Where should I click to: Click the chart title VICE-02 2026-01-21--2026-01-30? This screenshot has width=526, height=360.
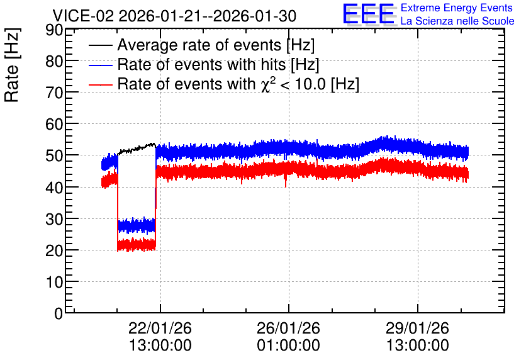(x=174, y=16)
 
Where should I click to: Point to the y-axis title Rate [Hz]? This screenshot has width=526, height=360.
(x=12, y=65)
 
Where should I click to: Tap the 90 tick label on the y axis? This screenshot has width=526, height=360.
(x=54, y=30)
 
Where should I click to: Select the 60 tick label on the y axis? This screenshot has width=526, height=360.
(x=54, y=125)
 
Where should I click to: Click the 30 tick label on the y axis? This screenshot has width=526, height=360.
(x=54, y=219)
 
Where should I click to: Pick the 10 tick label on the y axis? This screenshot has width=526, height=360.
(x=54, y=282)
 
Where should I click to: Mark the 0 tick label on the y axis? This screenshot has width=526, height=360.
(x=59, y=313)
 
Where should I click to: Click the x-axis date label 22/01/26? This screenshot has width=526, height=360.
(x=160, y=328)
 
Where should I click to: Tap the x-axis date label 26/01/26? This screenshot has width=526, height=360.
(x=289, y=328)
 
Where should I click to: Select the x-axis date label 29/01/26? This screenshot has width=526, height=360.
(x=417, y=328)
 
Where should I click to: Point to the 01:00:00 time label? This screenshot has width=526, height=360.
(x=289, y=345)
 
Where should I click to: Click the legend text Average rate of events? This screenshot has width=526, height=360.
(x=199, y=45)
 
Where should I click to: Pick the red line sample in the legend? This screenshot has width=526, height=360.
(x=101, y=84)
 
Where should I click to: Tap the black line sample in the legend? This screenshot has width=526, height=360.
(x=101, y=45)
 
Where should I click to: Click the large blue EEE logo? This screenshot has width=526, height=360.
(x=369, y=14)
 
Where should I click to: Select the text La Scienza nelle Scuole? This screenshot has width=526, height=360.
(x=457, y=21)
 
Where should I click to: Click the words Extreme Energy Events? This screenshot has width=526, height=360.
(x=457, y=8)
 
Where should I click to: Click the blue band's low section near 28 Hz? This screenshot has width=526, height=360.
(x=137, y=225)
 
